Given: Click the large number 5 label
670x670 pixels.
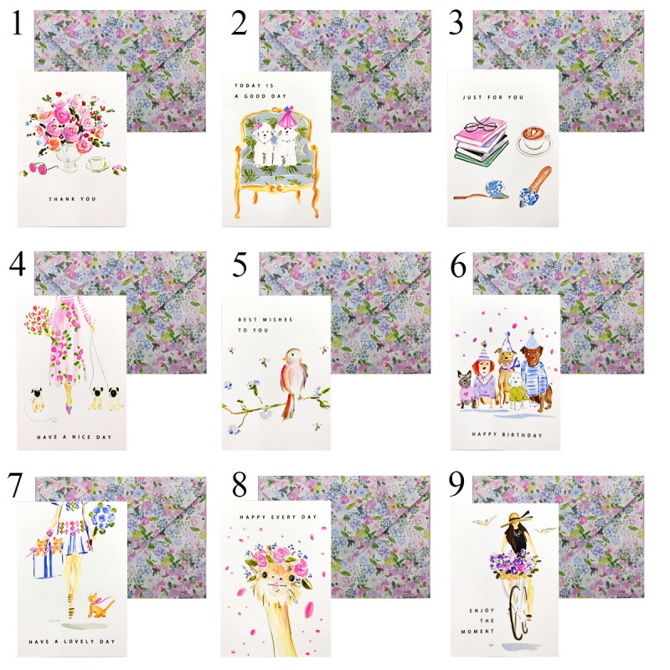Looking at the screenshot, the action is pos(240,265).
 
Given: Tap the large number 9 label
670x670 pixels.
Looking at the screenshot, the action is pos(456,484).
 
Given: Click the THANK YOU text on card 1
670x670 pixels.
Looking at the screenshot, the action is pos(72,199).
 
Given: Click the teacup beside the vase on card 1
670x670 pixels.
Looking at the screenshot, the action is pos(98,164).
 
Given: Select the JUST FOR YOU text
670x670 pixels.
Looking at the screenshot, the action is pos(492,97).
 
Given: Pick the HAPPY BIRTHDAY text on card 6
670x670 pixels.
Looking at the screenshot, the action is pos(507,435).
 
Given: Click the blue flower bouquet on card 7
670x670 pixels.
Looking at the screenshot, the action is pos(102,517).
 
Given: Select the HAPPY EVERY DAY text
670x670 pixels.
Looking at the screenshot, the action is pos(278,517).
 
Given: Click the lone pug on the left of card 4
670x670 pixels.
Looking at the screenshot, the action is pos(37,399).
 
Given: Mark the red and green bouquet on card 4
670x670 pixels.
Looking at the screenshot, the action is pos(37,321).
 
